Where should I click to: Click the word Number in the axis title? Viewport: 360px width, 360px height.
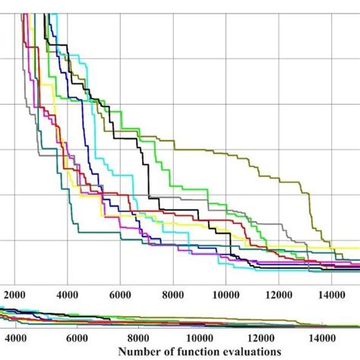point(141,352)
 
